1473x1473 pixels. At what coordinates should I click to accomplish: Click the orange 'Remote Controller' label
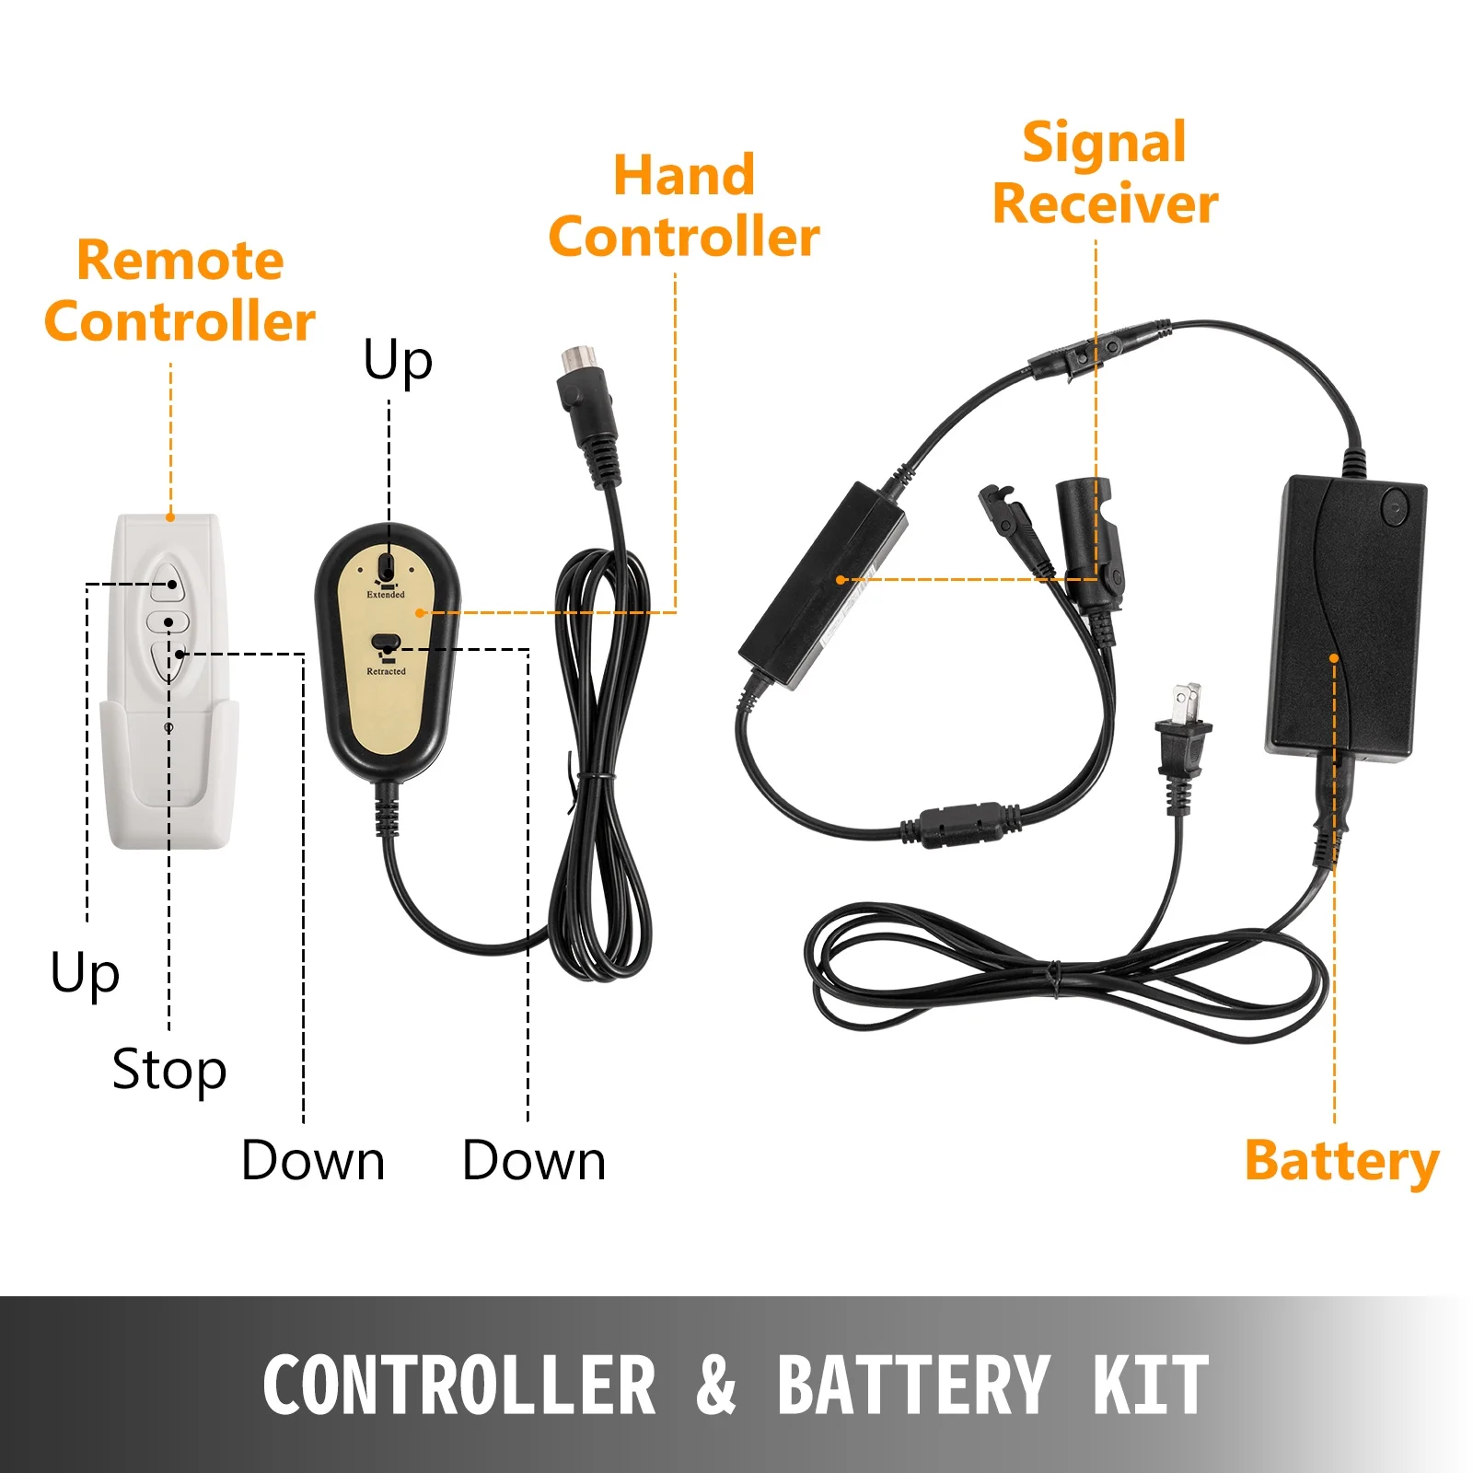click(x=180, y=291)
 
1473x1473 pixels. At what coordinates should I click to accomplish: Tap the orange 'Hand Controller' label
click(x=684, y=206)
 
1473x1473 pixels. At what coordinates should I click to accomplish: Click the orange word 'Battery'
click(x=1341, y=1161)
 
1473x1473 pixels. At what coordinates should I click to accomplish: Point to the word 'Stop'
click(x=169, y=1070)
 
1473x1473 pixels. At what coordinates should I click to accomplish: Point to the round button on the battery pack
click(x=1395, y=507)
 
